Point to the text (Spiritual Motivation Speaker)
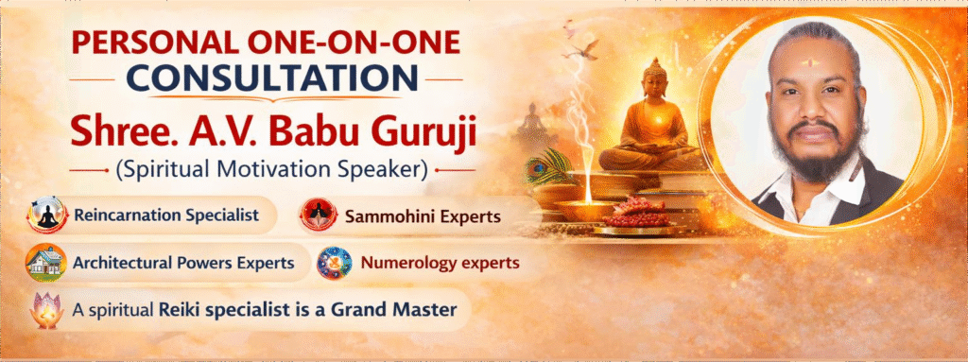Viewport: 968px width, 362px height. coord(271,170)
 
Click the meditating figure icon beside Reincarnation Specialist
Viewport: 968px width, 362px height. coord(47,215)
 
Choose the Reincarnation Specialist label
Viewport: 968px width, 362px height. coord(165,216)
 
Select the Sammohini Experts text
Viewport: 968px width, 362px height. coord(423,217)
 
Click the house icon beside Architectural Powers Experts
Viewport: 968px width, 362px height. coord(45,263)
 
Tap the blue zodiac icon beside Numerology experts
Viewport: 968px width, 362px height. coord(334,263)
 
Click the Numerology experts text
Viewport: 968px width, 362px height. coord(440,263)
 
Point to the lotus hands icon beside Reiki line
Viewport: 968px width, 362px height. coord(47,309)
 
